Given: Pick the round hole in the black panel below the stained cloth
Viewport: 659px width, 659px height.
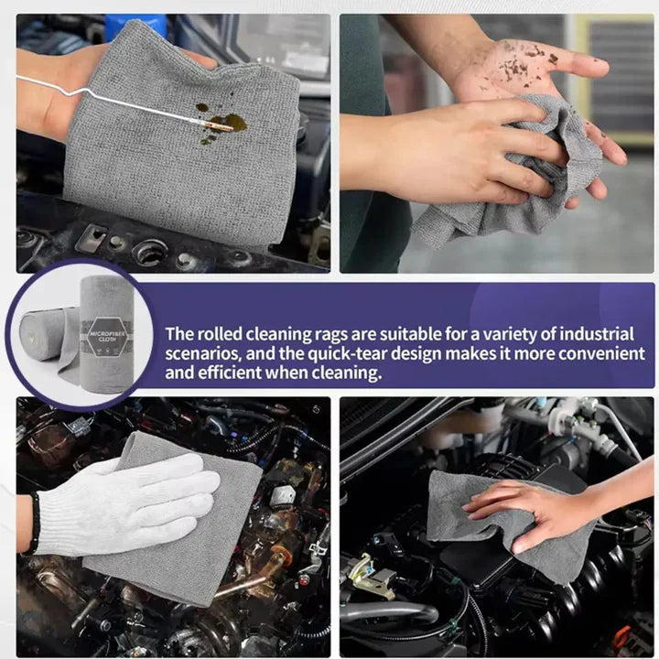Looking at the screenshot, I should [x=148, y=250].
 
